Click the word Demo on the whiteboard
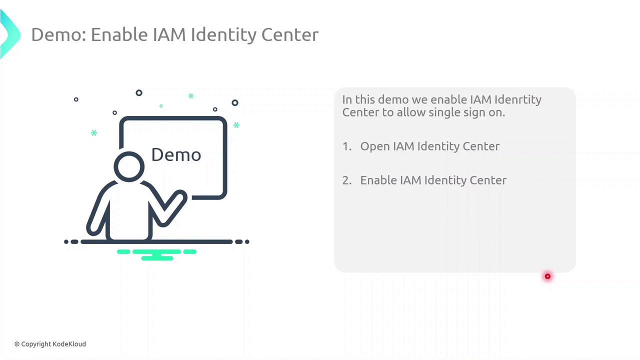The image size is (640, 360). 176,155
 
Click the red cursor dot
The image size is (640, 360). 547,276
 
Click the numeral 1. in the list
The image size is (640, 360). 347,146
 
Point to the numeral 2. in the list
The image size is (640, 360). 347,180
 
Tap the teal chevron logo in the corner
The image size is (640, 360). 9,34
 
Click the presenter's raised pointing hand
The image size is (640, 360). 179,198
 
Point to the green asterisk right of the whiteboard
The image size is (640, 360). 236,125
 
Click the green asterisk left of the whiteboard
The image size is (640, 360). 94,133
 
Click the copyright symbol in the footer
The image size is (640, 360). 17,344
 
